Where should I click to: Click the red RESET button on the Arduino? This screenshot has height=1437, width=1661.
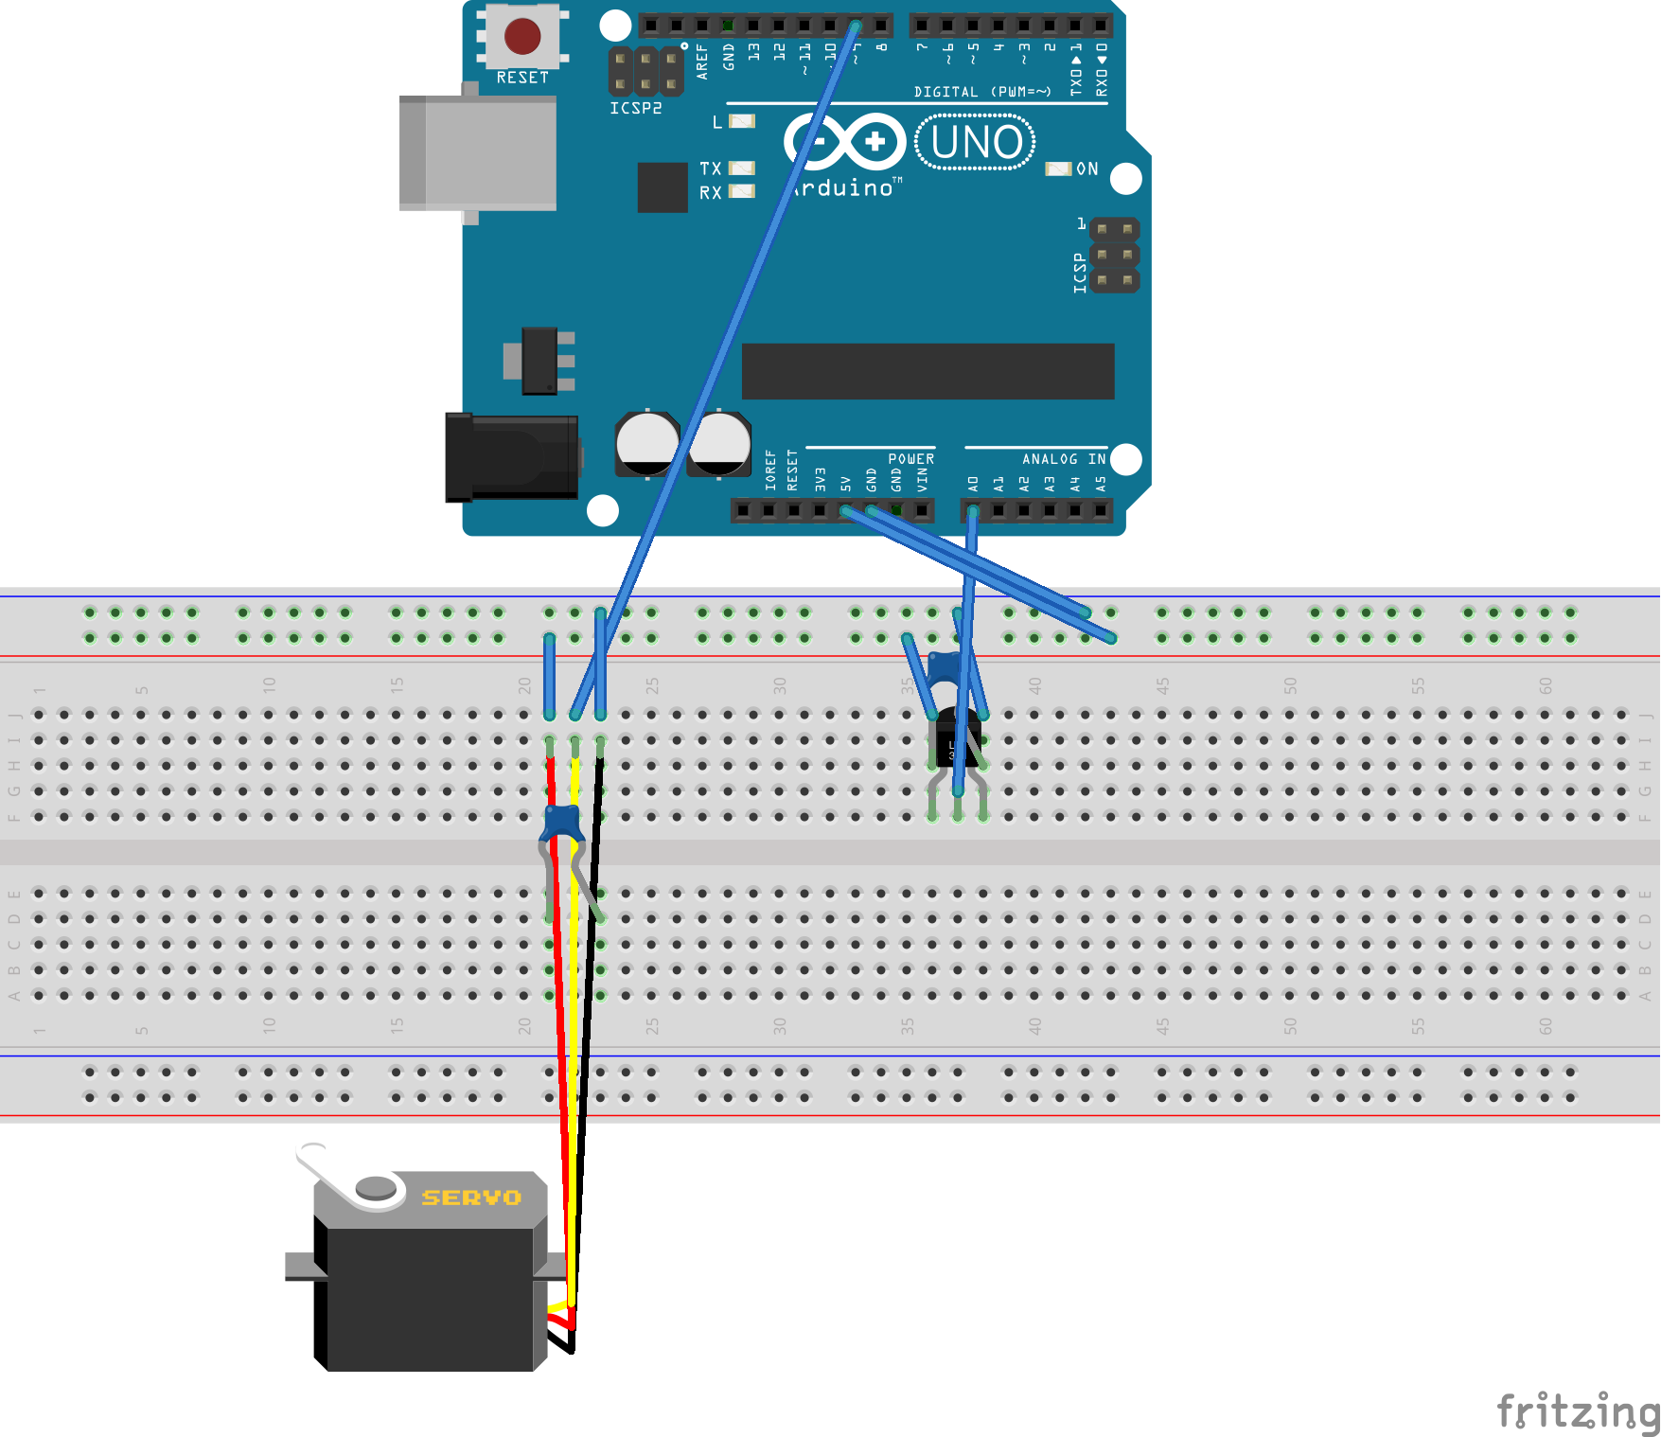click(522, 36)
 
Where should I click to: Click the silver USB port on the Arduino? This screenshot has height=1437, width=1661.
click(478, 153)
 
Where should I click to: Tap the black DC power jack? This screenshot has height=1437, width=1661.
click(512, 457)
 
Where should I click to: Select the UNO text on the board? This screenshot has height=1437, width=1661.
click(976, 143)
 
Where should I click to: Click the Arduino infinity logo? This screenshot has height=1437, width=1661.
click(844, 142)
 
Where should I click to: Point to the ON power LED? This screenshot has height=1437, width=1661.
click(1057, 169)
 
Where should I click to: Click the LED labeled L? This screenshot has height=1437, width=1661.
click(742, 121)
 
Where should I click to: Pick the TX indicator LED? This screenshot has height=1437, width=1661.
click(742, 169)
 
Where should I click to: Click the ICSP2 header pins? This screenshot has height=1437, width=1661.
click(645, 71)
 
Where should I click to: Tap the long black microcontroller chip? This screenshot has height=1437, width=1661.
click(928, 371)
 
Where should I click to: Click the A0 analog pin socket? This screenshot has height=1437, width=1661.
click(973, 511)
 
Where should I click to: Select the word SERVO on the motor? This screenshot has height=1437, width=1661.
click(471, 1197)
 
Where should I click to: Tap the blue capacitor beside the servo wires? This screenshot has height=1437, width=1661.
click(562, 822)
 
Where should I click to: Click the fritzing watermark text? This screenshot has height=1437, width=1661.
click(1577, 1411)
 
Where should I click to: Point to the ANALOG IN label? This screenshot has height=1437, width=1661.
click(1063, 459)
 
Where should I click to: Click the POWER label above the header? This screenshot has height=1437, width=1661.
click(910, 459)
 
